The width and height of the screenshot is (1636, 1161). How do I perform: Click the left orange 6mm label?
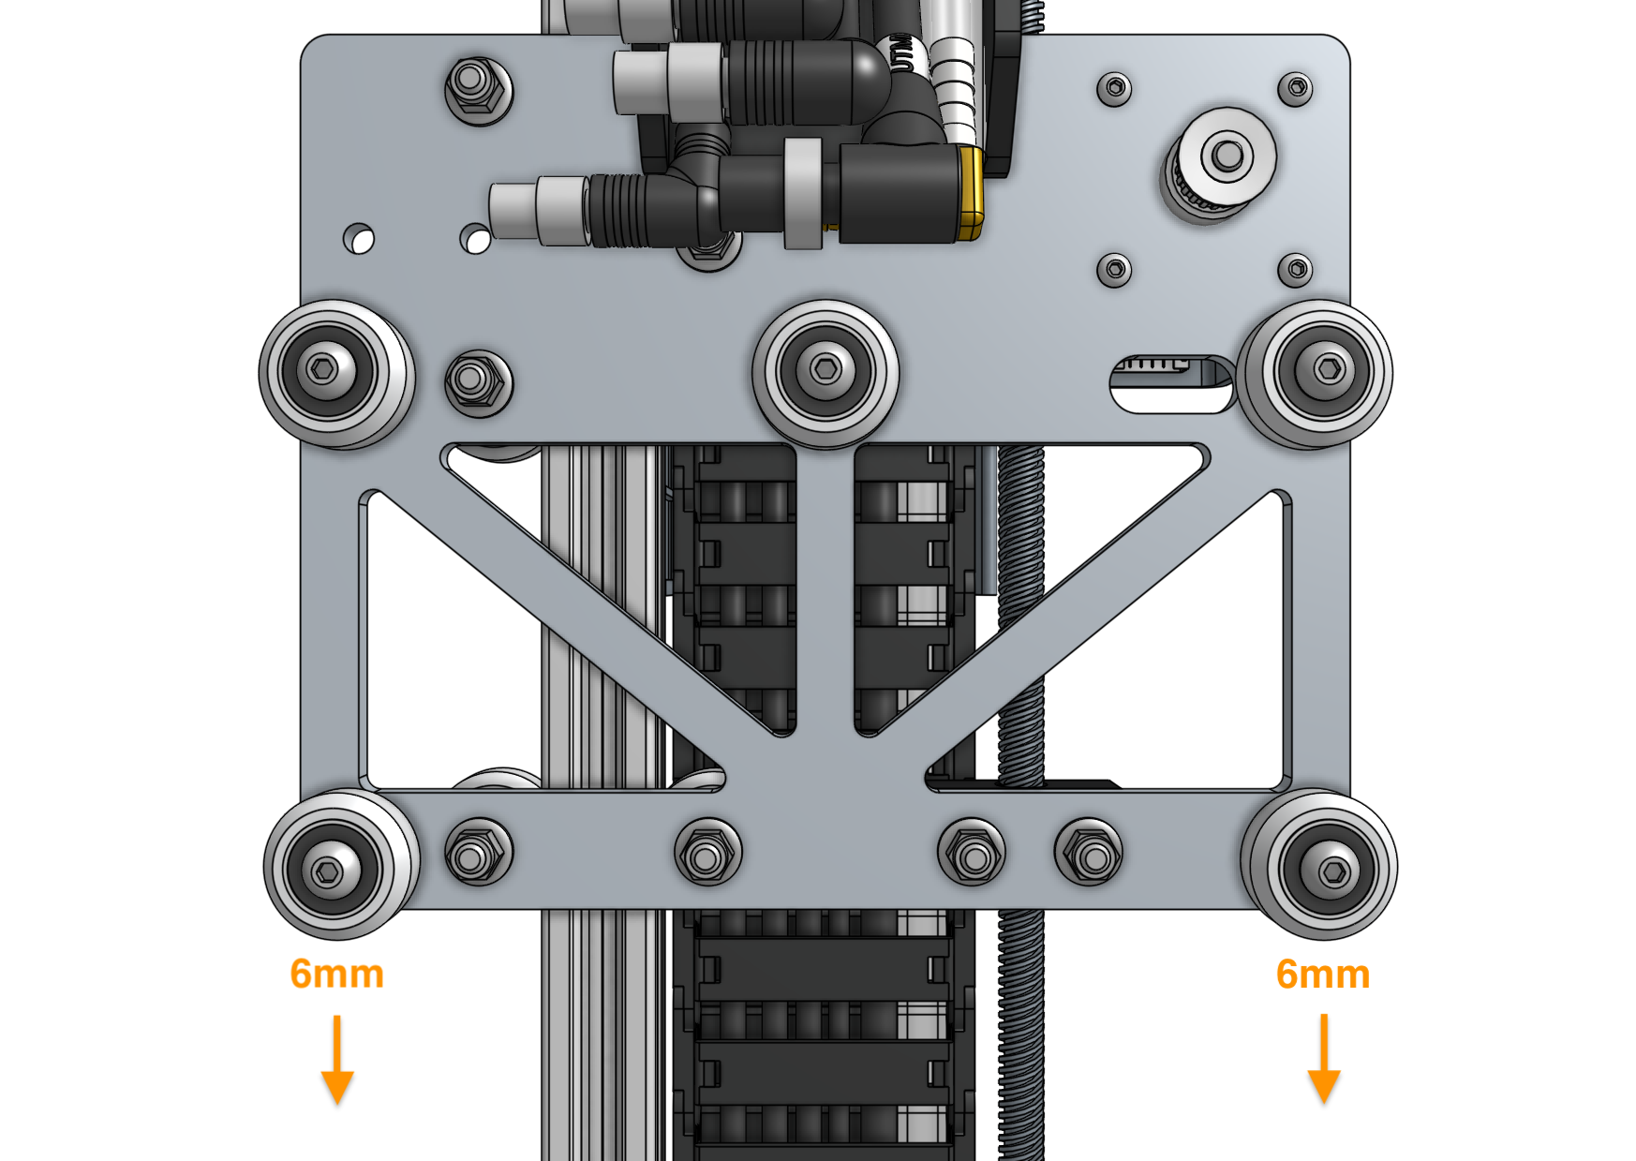click(336, 975)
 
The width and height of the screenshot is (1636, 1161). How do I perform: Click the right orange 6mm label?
click(1322, 975)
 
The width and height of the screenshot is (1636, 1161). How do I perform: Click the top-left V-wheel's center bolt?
click(323, 369)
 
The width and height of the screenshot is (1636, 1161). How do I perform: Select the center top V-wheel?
click(825, 370)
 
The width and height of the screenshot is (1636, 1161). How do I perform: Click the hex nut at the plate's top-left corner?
click(478, 89)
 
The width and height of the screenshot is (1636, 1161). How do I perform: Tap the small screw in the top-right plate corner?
click(1295, 88)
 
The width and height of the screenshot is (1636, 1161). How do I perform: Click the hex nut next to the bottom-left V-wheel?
click(478, 854)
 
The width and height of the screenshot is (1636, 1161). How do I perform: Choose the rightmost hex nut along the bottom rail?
click(1088, 854)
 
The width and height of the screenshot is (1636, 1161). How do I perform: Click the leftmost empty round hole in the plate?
click(358, 238)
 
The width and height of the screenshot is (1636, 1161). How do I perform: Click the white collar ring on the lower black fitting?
click(803, 193)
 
